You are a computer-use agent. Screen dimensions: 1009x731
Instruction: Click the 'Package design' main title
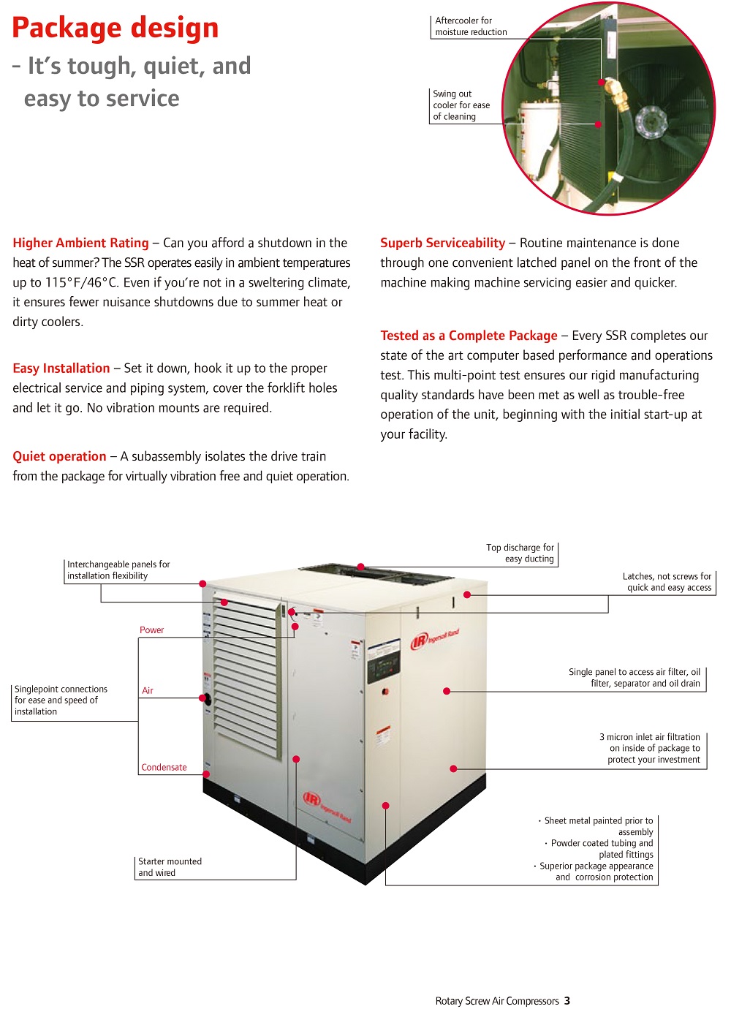(x=115, y=28)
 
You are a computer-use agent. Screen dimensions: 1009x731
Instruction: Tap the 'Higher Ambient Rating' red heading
(x=80, y=243)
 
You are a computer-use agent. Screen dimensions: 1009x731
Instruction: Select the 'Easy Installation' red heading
(x=61, y=369)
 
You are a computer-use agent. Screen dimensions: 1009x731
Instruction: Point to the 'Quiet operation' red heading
(x=59, y=456)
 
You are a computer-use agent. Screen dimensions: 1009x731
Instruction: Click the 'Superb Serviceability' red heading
(x=442, y=243)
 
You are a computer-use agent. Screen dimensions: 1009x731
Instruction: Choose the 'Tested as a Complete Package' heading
(x=469, y=336)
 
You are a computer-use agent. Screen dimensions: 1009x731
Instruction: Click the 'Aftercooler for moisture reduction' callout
(x=471, y=26)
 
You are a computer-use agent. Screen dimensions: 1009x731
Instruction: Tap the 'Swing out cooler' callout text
(x=461, y=105)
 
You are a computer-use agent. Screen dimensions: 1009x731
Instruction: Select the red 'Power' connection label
(x=152, y=630)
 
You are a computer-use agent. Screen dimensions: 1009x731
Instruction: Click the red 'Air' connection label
(x=148, y=691)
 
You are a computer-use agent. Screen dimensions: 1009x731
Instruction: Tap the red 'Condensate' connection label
(x=164, y=768)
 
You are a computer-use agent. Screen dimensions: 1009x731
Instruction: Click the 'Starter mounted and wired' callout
(x=170, y=867)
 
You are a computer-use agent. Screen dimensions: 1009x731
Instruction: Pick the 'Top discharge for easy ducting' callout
(x=520, y=553)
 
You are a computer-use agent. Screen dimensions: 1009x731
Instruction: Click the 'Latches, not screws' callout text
(x=667, y=582)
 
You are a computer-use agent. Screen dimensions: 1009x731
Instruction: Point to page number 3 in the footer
(x=567, y=1001)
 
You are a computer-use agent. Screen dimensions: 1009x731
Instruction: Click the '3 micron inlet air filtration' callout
(x=650, y=749)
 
